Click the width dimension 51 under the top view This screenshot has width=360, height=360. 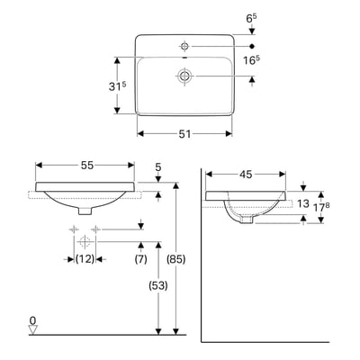[184, 133]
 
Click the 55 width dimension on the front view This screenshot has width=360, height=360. [85, 166]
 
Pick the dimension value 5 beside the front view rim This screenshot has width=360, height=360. [158, 166]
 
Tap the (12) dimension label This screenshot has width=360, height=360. [85, 260]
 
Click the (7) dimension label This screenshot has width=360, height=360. [140, 260]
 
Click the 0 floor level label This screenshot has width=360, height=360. [33, 319]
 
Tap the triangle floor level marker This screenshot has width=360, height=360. [33, 330]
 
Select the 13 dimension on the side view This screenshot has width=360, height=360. [303, 204]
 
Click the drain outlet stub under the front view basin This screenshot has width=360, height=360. [85, 210]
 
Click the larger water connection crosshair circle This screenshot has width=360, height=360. [85, 242]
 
